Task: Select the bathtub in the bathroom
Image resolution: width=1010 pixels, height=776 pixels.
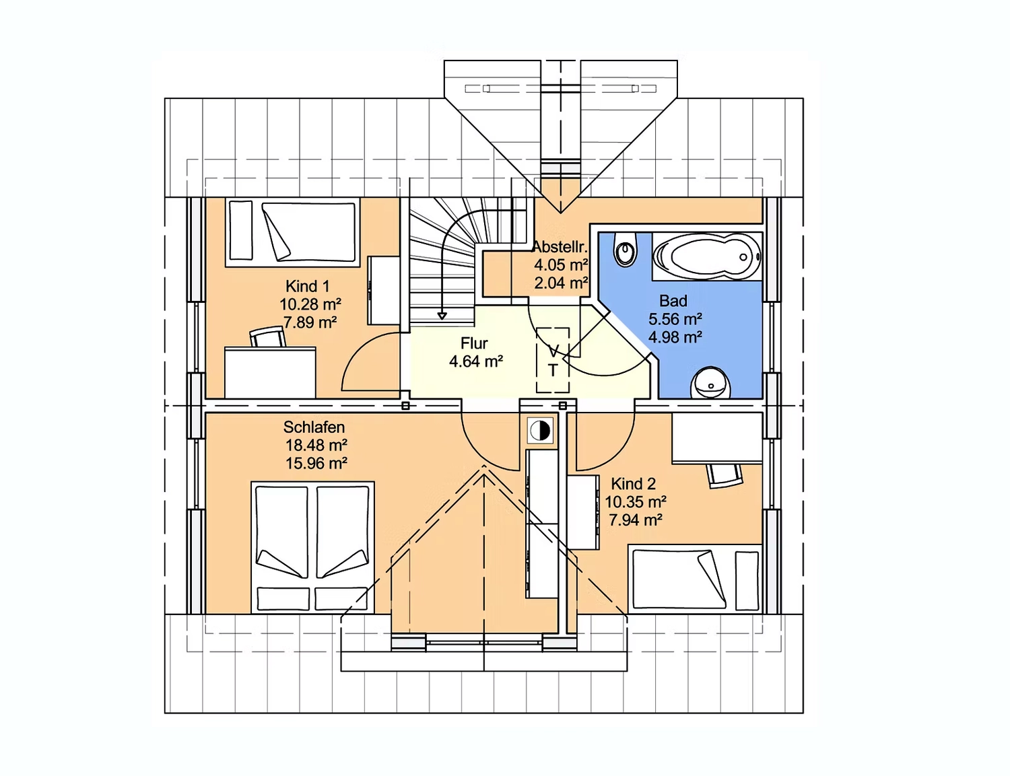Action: point(707,256)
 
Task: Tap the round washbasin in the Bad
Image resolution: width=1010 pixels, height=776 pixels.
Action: point(710,383)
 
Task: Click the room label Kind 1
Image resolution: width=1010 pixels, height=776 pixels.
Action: point(308,285)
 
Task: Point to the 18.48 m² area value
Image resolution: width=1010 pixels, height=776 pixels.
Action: point(316,445)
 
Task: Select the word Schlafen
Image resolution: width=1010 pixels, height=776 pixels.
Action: point(314,427)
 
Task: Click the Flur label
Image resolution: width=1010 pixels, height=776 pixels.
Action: point(474,343)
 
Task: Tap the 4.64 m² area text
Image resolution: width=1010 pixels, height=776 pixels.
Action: point(476,361)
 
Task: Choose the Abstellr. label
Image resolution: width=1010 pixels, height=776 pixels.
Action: point(560,246)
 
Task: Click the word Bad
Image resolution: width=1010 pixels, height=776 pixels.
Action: point(673,301)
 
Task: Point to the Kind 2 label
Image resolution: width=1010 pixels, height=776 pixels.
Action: point(633,484)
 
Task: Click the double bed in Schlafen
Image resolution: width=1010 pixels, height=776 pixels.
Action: point(312,547)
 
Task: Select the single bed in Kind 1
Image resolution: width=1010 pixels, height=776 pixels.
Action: point(293,232)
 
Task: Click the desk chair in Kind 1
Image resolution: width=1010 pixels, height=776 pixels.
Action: point(268,337)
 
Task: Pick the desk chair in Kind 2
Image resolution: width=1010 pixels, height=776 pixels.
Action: point(723,474)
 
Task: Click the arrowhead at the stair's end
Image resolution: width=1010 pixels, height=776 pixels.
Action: point(442,316)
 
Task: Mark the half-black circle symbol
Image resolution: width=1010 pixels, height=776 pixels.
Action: point(540,431)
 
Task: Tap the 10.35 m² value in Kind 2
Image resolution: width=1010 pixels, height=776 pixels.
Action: point(636,502)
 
